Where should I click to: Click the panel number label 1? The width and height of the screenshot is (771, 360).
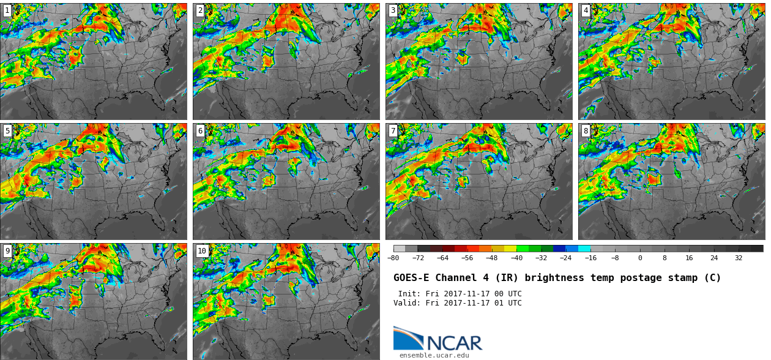pos(7,10)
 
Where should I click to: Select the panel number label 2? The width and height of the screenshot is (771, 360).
pos(200,10)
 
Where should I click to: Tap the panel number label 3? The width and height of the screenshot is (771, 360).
pos(393,10)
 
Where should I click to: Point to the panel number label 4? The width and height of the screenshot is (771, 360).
pos(586,10)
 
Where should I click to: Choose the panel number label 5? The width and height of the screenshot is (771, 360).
pos(7,130)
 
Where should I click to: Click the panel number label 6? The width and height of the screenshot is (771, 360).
pos(200,130)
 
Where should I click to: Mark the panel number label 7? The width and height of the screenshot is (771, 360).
pos(393,130)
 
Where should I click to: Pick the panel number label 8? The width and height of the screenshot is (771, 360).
pos(586,130)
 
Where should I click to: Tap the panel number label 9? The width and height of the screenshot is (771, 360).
pos(7,250)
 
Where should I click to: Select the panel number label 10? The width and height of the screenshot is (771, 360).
pos(202,250)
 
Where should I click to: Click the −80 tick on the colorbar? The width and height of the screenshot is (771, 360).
pos(393,258)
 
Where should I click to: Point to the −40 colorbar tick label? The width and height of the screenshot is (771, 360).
pos(516,258)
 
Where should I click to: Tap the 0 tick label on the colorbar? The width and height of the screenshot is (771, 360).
pos(640,258)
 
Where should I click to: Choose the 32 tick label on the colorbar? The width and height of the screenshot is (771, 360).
pos(739,258)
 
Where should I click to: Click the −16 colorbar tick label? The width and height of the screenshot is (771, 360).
pos(590,258)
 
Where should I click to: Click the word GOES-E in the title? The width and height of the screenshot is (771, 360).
pos(412,278)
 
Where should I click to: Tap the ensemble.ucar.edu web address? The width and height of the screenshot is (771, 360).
pos(434,355)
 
